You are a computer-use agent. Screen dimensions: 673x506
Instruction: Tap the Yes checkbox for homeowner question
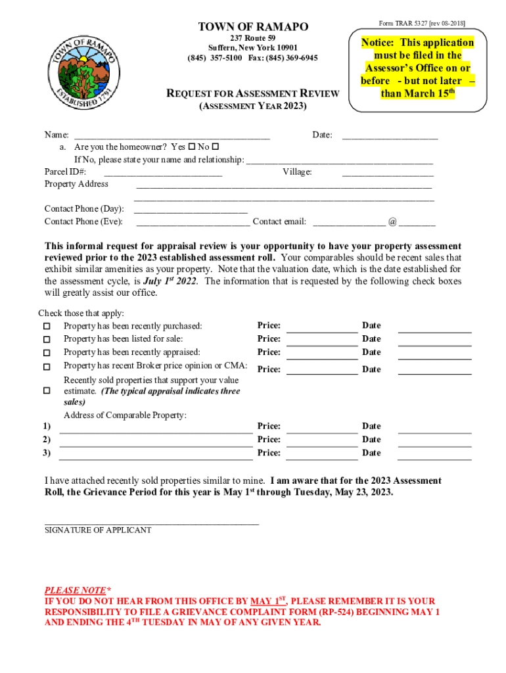click(x=191, y=147)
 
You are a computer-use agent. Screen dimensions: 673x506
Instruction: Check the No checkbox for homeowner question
click(x=215, y=147)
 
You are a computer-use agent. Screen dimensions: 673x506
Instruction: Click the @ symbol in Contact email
click(x=392, y=222)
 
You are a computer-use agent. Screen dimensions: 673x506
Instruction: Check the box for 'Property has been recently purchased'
click(x=47, y=327)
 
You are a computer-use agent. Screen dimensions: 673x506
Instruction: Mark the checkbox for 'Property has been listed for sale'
click(x=47, y=340)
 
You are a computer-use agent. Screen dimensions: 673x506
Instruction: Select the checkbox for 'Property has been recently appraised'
click(x=47, y=353)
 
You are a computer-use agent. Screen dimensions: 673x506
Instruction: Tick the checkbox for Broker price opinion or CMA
click(x=47, y=367)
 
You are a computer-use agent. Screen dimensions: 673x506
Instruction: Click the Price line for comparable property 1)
click(x=322, y=432)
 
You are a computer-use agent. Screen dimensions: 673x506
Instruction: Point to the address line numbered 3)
click(x=156, y=459)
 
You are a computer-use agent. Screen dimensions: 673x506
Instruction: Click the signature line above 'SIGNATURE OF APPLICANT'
click(x=151, y=522)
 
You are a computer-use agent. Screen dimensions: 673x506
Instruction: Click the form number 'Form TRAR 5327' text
click(x=403, y=23)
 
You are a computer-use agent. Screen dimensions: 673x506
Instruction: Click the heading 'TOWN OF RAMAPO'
click(x=253, y=27)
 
